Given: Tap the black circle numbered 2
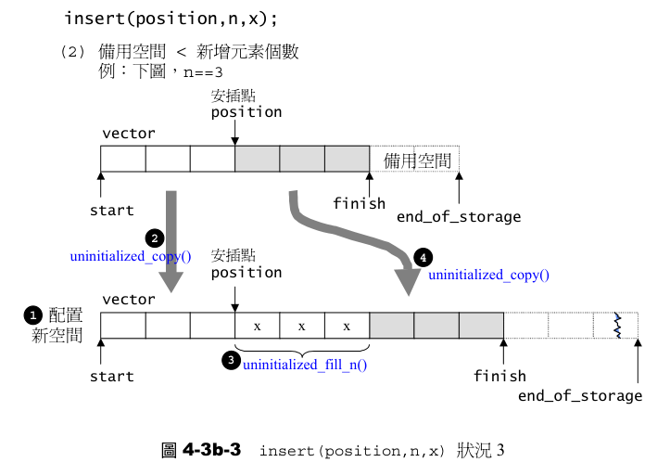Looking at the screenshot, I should (x=157, y=238).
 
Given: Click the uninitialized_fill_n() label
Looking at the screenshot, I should (x=305, y=365).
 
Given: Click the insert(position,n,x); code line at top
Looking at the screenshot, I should (x=171, y=19).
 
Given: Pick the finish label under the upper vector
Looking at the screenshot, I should (x=360, y=203).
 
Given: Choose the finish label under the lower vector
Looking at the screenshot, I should (x=499, y=376).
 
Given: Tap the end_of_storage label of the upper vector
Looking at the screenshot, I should (x=459, y=217).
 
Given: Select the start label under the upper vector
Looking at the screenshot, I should (x=111, y=211).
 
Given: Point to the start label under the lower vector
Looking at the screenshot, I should (x=111, y=377).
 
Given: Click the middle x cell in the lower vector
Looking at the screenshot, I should (x=302, y=327).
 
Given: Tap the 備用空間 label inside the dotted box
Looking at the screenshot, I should (x=417, y=160).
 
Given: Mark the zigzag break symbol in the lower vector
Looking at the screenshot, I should (x=617, y=326).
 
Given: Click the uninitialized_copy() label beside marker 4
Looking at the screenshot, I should (x=488, y=276).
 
